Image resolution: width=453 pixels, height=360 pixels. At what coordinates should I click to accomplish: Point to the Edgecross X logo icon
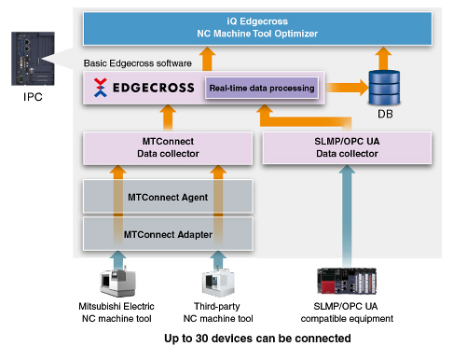click(x=100, y=89)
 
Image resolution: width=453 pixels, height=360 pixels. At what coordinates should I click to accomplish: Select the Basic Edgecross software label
click(x=137, y=63)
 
